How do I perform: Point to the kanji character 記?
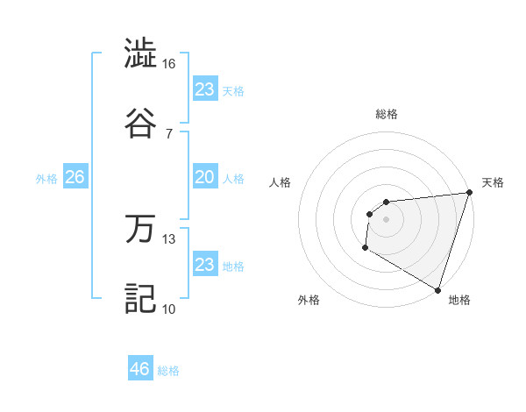click(140, 296)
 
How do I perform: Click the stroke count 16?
click(169, 64)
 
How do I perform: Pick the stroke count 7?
click(169, 133)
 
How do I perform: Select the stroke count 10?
click(169, 309)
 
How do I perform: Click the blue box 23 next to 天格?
click(205, 89)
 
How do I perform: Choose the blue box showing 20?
click(205, 177)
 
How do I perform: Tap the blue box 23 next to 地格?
click(205, 265)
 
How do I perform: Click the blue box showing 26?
click(75, 177)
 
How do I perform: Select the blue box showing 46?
click(140, 369)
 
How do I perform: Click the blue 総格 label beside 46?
click(168, 371)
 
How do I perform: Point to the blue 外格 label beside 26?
click(46, 179)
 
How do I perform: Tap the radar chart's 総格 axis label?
click(387, 114)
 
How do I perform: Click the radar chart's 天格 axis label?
click(493, 182)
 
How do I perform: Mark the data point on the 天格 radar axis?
click(469, 193)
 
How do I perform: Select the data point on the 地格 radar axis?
click(437, 289)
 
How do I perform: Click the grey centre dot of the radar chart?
click(387, 219)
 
